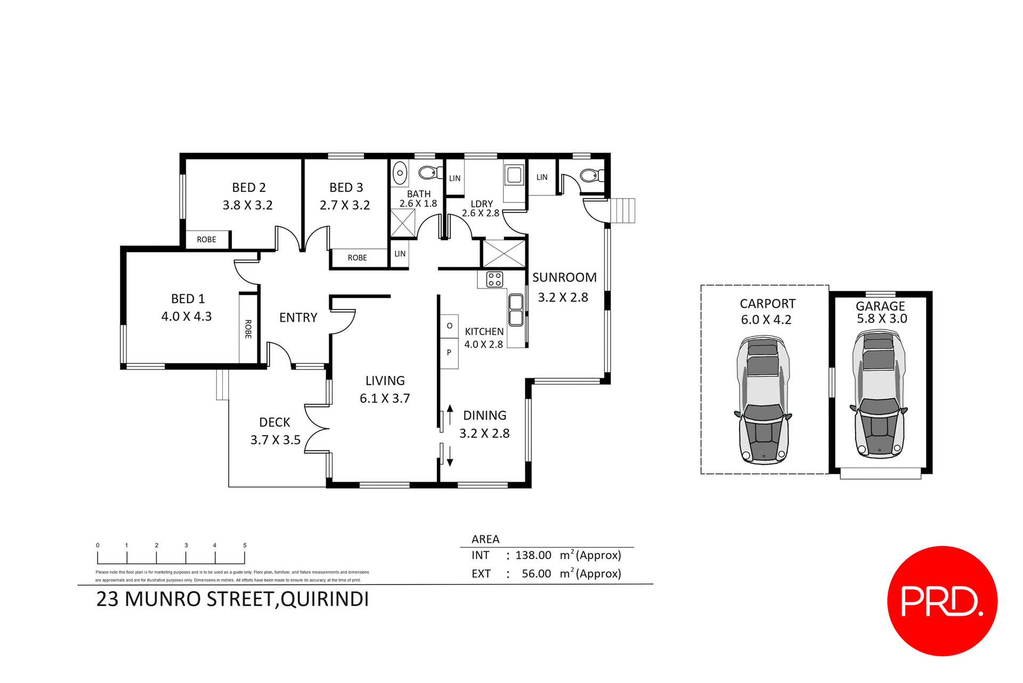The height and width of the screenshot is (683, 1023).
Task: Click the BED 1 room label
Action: (x=188, y=299)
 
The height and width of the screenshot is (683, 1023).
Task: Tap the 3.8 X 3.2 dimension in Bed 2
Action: (x=247, y=205)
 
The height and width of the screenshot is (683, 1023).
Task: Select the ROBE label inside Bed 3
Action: (x=357, y=258)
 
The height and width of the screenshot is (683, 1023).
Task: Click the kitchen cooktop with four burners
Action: (x=494, y=279)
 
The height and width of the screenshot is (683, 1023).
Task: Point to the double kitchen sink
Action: (x=516, y=310)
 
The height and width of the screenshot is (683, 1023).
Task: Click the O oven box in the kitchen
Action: (x=449, y=326)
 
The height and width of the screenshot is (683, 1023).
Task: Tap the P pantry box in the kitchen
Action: (x=449, y=353)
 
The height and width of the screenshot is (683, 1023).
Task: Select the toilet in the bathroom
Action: (x=429, y=172)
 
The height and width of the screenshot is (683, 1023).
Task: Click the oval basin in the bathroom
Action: (x=400, y=173)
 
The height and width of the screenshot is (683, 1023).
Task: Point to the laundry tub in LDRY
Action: (x=514, y=175)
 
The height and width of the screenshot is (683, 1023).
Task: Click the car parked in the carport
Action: (x=763, y=400)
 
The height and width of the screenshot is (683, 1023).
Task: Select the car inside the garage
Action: (x=879, y=394)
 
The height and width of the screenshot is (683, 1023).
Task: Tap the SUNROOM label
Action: (x=564, y=278)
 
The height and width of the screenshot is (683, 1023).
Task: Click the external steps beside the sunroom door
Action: (x=622, y=210)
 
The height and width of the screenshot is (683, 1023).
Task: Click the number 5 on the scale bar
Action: (x=245, y=546)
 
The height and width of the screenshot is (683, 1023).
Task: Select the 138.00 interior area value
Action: (x=533, y=555)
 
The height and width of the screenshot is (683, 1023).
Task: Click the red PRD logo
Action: (x=941, y=600)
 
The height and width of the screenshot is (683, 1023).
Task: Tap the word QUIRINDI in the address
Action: (x=324, y=599)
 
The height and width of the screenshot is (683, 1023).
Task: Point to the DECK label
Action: (x=274, y=422)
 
